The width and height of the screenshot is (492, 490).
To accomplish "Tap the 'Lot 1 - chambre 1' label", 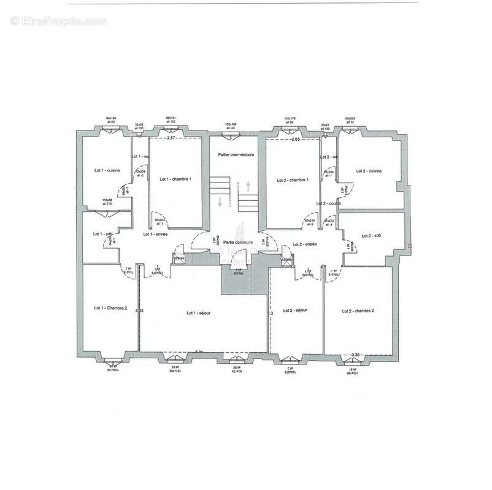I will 175,179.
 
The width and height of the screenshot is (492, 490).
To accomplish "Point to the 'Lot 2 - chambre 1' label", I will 292,180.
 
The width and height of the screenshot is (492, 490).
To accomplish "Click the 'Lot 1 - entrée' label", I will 155,234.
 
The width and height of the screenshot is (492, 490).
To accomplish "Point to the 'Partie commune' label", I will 236,243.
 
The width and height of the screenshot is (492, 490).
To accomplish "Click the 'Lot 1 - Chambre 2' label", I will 110,308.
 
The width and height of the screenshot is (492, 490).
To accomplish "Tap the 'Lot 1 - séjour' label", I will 199,312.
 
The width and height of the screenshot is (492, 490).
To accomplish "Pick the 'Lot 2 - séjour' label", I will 294,311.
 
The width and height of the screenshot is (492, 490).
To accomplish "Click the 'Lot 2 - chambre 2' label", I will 358,311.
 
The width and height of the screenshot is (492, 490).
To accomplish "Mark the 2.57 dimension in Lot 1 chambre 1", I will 172,139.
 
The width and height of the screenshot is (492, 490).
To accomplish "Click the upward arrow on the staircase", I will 248,184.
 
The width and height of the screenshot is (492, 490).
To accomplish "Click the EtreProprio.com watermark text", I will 59,21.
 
